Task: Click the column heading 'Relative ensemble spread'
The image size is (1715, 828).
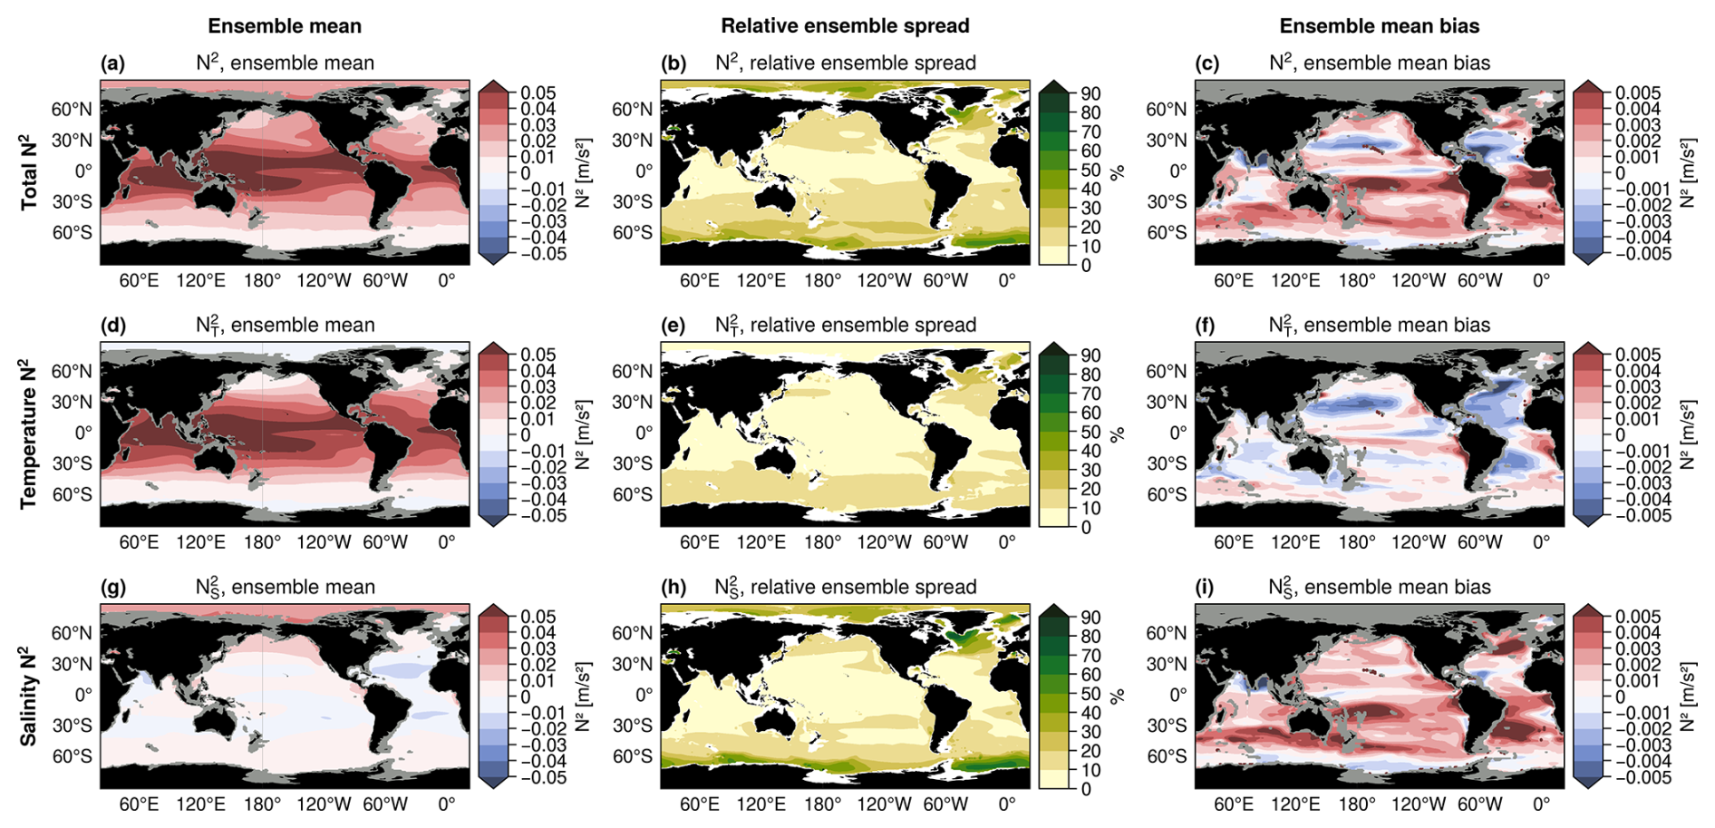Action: (845, 26)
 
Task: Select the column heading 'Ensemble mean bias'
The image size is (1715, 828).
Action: (1380, 26)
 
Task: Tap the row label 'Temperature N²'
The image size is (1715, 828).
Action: (29, 433)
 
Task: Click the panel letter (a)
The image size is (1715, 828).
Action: (113, 63)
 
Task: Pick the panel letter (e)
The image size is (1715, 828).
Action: (673, 326)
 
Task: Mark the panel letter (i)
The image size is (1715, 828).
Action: (1206, 588)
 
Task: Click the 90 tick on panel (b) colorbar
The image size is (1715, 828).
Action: (1090, 93)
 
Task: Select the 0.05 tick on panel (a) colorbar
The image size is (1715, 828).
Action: (538, 93)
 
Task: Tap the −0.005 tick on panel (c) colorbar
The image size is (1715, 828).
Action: (1637, 254)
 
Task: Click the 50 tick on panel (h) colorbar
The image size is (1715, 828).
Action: (1090, 694)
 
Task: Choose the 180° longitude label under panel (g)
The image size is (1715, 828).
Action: (262, 804)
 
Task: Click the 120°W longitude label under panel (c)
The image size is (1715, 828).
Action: (1418, 281)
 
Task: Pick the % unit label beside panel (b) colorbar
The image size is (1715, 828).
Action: (1118, 172)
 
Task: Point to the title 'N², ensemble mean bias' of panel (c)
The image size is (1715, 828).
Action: (1380, 63)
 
